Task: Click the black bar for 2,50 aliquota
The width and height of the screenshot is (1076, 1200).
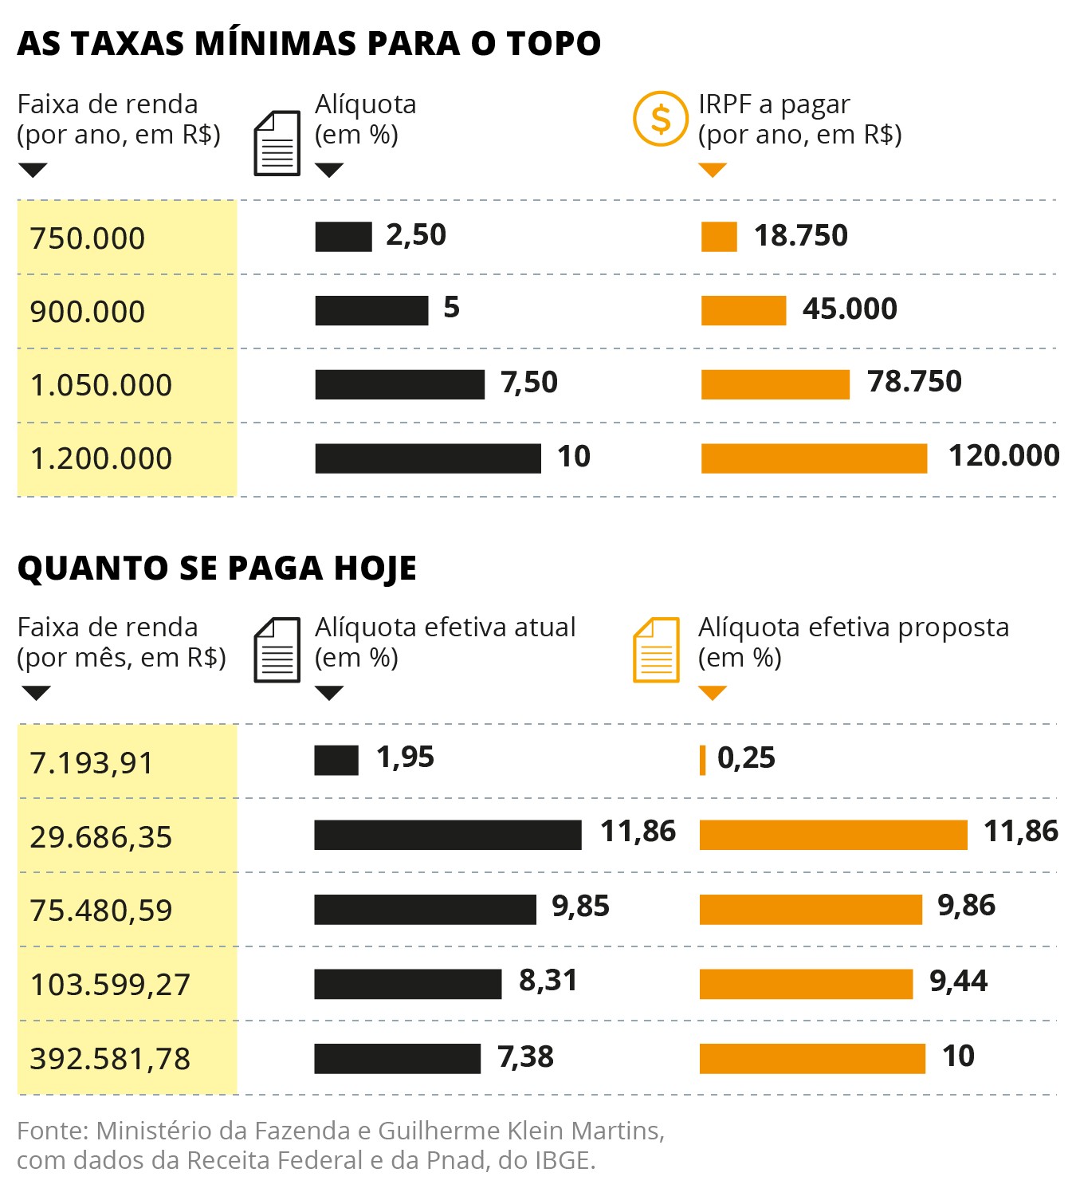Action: [344, 237]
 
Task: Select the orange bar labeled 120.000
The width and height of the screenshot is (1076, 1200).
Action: [814, 458]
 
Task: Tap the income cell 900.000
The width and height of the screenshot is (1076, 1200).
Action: [88, 312]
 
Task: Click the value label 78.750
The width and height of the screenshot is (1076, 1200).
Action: [914, 382]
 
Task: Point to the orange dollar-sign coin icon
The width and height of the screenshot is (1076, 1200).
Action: [660, 119]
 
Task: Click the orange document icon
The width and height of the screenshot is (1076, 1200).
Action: [656, 650]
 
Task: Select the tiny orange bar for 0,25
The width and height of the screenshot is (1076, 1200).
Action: [702, 760]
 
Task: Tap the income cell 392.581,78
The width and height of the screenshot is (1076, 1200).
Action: [110, 1059]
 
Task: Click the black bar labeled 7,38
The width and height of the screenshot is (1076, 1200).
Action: [397, 1059]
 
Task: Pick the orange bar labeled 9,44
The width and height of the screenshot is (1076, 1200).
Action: [806, 984]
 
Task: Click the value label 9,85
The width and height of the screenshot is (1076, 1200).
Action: [580, 907]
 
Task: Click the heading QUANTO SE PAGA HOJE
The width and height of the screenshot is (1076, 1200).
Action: [217, 568]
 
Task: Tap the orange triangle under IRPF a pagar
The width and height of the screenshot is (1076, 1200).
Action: [712, 170]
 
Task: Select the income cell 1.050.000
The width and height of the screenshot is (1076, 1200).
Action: [101, 386]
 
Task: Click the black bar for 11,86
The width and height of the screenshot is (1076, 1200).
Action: [447, 835]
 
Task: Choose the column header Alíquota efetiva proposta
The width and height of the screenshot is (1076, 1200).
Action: [853, 628]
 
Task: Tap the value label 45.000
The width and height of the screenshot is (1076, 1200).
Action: [850, 309]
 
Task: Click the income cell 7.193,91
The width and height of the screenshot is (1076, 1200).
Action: [91, 763]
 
